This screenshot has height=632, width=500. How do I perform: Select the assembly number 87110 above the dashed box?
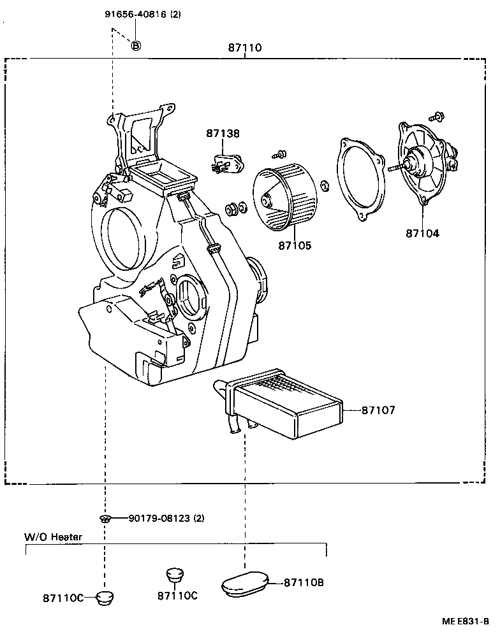coord(245,48)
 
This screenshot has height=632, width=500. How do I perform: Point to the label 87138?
coord(223,134)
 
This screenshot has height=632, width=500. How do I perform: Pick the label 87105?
coord(295,245)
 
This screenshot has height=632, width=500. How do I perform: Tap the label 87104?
coord(422,233)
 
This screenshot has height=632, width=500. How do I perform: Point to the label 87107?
coord(378,410)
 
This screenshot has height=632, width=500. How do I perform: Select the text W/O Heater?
coord(53,537)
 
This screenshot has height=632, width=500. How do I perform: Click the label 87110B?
coord(304,582)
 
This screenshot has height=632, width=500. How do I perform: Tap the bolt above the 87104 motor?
coord(437,117)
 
